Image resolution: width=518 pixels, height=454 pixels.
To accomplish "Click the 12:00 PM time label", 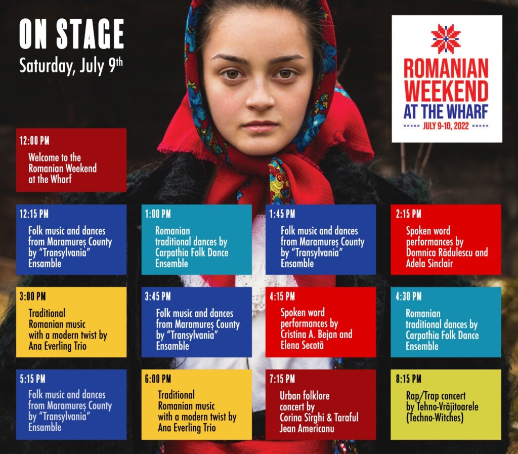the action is pos(34,141).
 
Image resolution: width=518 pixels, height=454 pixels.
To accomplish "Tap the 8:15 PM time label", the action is pos(409,379).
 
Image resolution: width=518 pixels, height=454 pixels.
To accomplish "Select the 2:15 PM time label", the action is pos(409,214).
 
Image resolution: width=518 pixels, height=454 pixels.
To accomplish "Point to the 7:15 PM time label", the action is pos(282,379).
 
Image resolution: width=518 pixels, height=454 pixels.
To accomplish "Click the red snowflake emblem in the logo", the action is pos(446,38).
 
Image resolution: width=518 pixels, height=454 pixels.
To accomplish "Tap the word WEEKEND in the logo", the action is pos(446,91).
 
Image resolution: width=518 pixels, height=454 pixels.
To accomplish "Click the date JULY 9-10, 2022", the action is pos(446,126).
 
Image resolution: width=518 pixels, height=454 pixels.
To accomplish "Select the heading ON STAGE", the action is pos(71,34).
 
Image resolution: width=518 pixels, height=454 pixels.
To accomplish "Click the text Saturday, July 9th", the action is pos(71,65).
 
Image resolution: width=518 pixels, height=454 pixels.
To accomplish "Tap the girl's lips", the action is pos(260,127).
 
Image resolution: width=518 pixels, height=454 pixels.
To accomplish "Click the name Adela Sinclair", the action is pos(429,263).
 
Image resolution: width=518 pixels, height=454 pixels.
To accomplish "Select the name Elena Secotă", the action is pos(302,345).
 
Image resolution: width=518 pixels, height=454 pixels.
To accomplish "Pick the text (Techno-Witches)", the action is pos(435,418).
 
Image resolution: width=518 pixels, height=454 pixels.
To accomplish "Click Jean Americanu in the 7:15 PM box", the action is pos(307,429).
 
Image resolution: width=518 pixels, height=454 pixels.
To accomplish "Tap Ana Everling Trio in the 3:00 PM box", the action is pos(58,346).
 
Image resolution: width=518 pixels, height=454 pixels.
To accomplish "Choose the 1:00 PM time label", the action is pos(158,214).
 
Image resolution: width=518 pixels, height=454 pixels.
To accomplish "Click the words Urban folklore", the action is pos(305,395).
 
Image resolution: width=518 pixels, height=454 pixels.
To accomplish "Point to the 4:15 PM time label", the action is pos(282,297).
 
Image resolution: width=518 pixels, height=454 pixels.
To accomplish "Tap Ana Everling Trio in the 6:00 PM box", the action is pos(187,428).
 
